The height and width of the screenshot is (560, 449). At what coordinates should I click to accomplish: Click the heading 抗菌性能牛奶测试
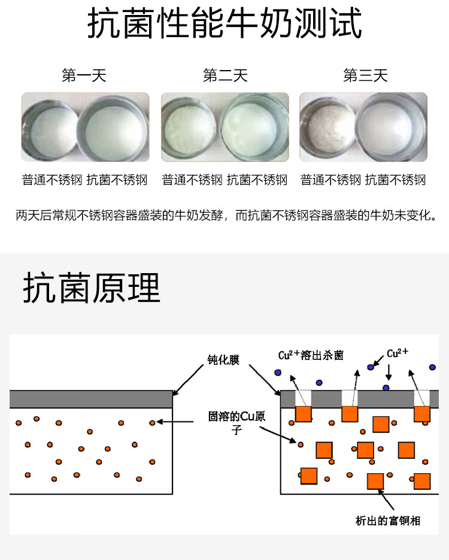(x=224, y=25)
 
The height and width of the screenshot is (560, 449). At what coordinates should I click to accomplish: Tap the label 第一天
(x=84, y=76)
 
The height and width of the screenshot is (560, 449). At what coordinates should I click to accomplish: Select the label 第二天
(x=225, y=76)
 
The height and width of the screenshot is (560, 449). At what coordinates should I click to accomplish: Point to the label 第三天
(x=365, y=76)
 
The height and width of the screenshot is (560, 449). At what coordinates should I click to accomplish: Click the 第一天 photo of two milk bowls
(x=85, y=127)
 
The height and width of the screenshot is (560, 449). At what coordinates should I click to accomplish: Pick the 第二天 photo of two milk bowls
(x=225, y=127)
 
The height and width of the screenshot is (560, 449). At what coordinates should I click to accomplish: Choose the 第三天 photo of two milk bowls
(x=363, y=127)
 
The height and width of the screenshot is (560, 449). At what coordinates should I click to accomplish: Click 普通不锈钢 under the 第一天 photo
(x=53, y=180)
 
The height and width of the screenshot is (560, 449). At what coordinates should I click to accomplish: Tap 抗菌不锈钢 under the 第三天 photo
(x=395, y=180)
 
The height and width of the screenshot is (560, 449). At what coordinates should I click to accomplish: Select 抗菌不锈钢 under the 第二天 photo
(x=257, y=180)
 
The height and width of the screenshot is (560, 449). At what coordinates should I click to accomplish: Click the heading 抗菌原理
(x=92, y=289)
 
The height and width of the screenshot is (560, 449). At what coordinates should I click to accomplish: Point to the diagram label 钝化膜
(x=222, y=361)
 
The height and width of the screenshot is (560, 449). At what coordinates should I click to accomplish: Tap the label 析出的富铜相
(x=387, y=520)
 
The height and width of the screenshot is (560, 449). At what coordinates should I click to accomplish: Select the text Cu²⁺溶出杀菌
(x=311, y=355)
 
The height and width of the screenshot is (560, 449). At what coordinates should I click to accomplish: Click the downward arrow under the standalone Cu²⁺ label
(x=388, y=374)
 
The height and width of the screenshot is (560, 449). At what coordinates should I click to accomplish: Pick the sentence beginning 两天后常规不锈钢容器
(x=224, y=215)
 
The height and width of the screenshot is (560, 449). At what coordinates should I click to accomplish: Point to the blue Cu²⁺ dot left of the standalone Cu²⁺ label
(x=371, y=365)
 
